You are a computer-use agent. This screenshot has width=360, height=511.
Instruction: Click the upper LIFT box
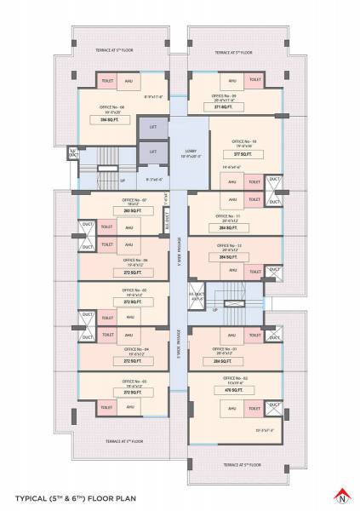[x=153, y=127]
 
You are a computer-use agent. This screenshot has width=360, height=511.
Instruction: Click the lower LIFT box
[x=153, y=151]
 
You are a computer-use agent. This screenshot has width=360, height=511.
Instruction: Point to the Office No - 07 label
[x=132, y=199]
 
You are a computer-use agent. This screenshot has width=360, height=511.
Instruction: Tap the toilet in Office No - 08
[x=108, y=81]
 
